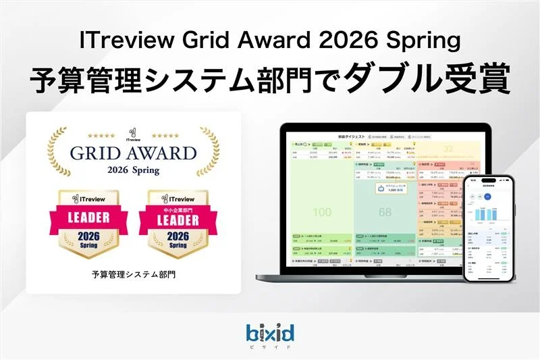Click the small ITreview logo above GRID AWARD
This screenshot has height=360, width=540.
tap(134, 132)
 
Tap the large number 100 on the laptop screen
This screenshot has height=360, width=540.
tap(322, 212)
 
